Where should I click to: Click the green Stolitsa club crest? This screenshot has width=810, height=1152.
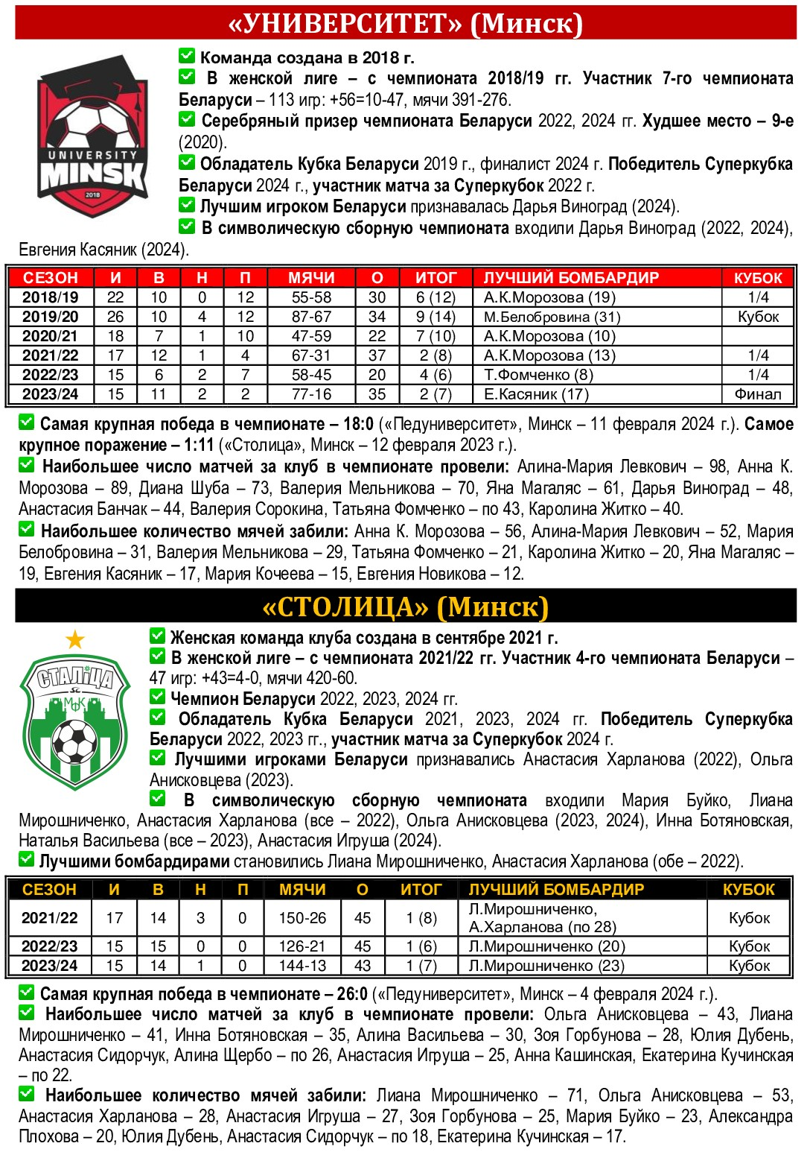[75, 720]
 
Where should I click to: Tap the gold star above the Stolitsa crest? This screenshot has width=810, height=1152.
[75, 639]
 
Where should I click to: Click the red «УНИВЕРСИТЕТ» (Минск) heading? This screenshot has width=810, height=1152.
[405, 24]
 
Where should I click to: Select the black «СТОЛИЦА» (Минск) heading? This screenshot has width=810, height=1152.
[405, 607]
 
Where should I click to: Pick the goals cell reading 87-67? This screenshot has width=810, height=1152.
[311, 317]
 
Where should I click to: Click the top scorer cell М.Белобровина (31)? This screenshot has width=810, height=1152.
[552, 317]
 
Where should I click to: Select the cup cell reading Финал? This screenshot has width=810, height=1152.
[758, 394]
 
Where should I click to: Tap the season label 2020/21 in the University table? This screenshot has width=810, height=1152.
[51, 336]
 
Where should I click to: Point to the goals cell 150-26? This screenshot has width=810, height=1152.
[302, 918]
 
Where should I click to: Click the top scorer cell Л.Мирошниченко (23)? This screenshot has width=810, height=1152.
[546, 966]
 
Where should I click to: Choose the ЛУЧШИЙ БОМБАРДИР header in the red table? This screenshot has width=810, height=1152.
[571, 278]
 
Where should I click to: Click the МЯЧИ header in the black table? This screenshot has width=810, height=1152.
[302, 889]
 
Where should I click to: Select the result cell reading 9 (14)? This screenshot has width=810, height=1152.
[436, 317]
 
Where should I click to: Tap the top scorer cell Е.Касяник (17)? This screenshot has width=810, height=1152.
[536, 394]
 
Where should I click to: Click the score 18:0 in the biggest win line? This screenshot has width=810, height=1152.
[358, 425]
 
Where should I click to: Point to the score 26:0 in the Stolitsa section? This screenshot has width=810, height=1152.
[351, 994]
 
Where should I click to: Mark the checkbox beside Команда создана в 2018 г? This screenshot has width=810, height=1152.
[186, 56]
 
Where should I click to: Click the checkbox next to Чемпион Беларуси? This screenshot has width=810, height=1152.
[157, 697]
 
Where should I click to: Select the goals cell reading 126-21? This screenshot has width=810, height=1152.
[302, 946]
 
